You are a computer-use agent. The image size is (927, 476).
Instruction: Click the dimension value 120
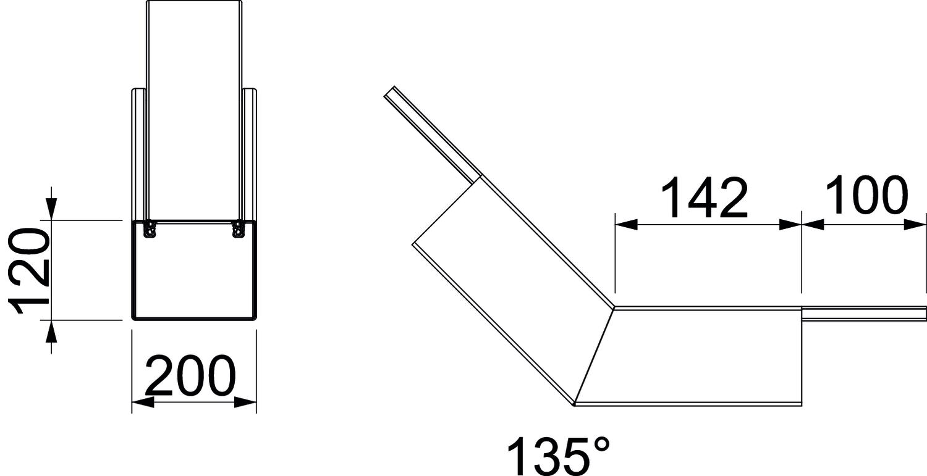tap(30, 271)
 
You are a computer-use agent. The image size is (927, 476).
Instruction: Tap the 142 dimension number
tap(705, 198)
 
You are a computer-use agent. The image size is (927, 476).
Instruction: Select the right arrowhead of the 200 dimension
tap(245, 402)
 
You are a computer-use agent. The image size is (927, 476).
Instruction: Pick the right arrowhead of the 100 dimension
tap(914, 225)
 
